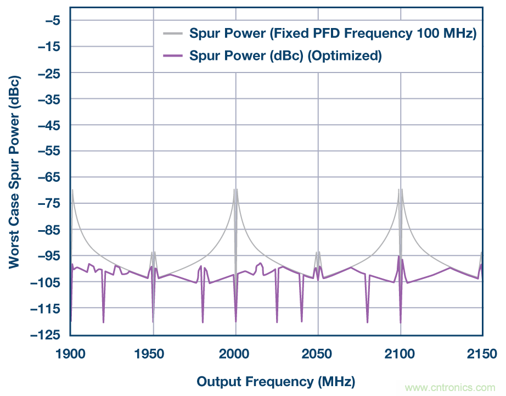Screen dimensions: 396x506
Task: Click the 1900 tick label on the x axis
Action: pos(70,354)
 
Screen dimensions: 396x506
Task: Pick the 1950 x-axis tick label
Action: pos(153,354)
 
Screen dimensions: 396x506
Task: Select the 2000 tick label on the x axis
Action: pos(235,354)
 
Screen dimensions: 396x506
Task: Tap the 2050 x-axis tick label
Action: pos(318,354)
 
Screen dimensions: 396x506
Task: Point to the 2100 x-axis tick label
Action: pos(401,354)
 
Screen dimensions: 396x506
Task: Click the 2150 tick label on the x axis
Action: pos(482,354)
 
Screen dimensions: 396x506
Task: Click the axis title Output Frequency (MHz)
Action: pos(276,381)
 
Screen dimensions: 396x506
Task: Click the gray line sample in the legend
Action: pos(173,34)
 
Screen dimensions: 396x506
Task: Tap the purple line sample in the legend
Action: pos(173,55)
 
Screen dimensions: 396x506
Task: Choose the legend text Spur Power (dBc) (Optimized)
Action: pos(285,55)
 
